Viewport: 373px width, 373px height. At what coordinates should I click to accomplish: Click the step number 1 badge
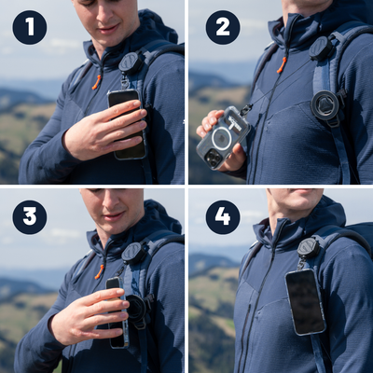(x=30, y=27)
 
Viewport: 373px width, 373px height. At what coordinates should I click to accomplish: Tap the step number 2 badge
(x=223, y=27)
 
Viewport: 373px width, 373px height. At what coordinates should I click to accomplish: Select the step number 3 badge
(x=30, y=217)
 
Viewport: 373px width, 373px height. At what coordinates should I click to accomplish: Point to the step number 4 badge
(x=223, y=217)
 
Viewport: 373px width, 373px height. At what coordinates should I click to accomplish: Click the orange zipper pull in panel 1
(x=96, y=82)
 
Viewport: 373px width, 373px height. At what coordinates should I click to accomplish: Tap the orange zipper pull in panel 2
(x=282, y=65)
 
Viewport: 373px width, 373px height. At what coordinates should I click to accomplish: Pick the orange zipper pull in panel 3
(x=100, y=271)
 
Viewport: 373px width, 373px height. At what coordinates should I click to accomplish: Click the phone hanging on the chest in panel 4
(x=306, y=302)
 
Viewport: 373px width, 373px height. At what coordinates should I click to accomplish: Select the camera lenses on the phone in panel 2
(x=213, y=158)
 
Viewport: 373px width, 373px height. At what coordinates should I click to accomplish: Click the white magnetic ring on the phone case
(x=221, y=138)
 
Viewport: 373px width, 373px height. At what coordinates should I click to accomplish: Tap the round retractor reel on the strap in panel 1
(x=131, y=63)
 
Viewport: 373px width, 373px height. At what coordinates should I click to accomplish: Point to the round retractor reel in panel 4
(x=309, y=248)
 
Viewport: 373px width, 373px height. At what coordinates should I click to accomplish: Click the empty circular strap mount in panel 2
(x=325, y=105)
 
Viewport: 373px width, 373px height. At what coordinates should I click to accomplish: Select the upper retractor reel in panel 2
(x=322, y=48)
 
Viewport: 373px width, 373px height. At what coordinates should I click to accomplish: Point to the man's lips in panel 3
(x=113, y=215)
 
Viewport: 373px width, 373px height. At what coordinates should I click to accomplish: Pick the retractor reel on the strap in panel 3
(x=134, y=254)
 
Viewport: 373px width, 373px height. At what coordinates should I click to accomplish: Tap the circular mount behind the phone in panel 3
(x=137, y=310)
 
